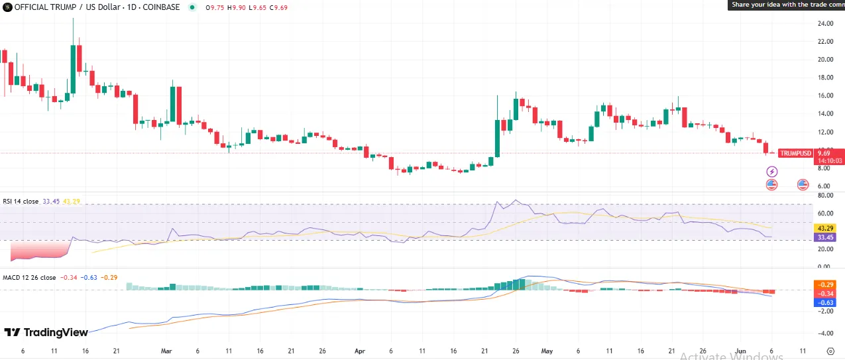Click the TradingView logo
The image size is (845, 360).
point(46,332)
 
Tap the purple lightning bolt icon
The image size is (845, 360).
point(771,172)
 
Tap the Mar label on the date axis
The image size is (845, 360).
point(166,351)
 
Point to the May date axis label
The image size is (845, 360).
point(547,351)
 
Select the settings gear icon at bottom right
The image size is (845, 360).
point(830,351)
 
